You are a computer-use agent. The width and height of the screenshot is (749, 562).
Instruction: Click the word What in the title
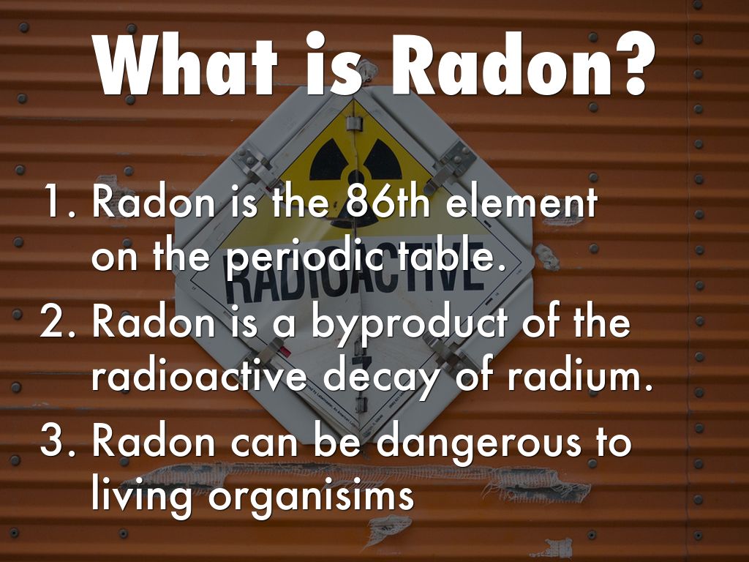tap(186, 64)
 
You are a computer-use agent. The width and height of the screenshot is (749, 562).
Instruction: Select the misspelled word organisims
tap(311, 498)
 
